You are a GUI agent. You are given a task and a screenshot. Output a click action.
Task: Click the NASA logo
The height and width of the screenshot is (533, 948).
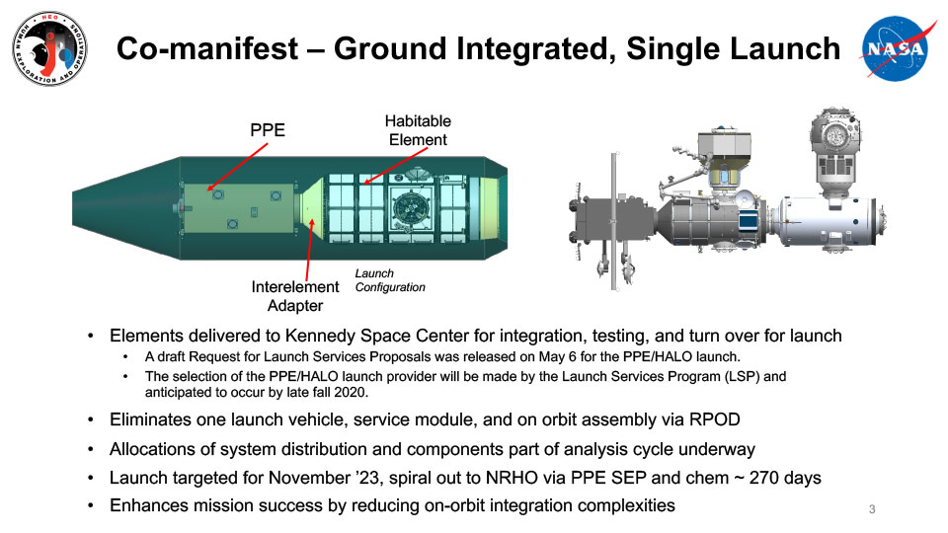click(x=898, y=48)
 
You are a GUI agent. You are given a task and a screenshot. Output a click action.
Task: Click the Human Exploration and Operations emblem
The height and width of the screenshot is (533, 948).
click(x=49, y=48)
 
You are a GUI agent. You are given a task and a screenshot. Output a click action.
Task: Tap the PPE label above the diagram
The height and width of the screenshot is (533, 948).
click(x=268, y=130)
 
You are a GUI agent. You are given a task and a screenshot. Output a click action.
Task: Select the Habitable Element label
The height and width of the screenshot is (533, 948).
click(x=418, y=130)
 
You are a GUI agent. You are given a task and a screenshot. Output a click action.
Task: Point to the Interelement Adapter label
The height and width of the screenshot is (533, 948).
click(x=295, y=296)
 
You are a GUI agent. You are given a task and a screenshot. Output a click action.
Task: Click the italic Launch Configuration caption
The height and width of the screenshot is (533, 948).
click(x=390, y=280)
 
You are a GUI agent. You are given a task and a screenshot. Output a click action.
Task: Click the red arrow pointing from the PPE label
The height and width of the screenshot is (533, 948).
click(x=237, y=167)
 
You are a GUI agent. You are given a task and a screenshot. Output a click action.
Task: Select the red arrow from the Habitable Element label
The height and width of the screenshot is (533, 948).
click(x=396, y=166)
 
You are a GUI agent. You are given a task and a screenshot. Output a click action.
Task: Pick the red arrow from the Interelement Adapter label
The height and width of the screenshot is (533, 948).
click(x=309, y=249)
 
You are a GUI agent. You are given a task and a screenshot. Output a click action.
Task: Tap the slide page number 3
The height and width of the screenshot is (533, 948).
click(x=872, y=509)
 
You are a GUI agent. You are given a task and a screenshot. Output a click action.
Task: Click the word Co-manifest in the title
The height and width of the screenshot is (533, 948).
click(x=207, y=48)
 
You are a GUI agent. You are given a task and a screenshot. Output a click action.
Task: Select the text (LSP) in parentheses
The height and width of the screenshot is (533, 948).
click(x=741, y=376)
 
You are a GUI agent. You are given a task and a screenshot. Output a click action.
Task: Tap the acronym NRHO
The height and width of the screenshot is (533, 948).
click(x=512, y=478)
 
